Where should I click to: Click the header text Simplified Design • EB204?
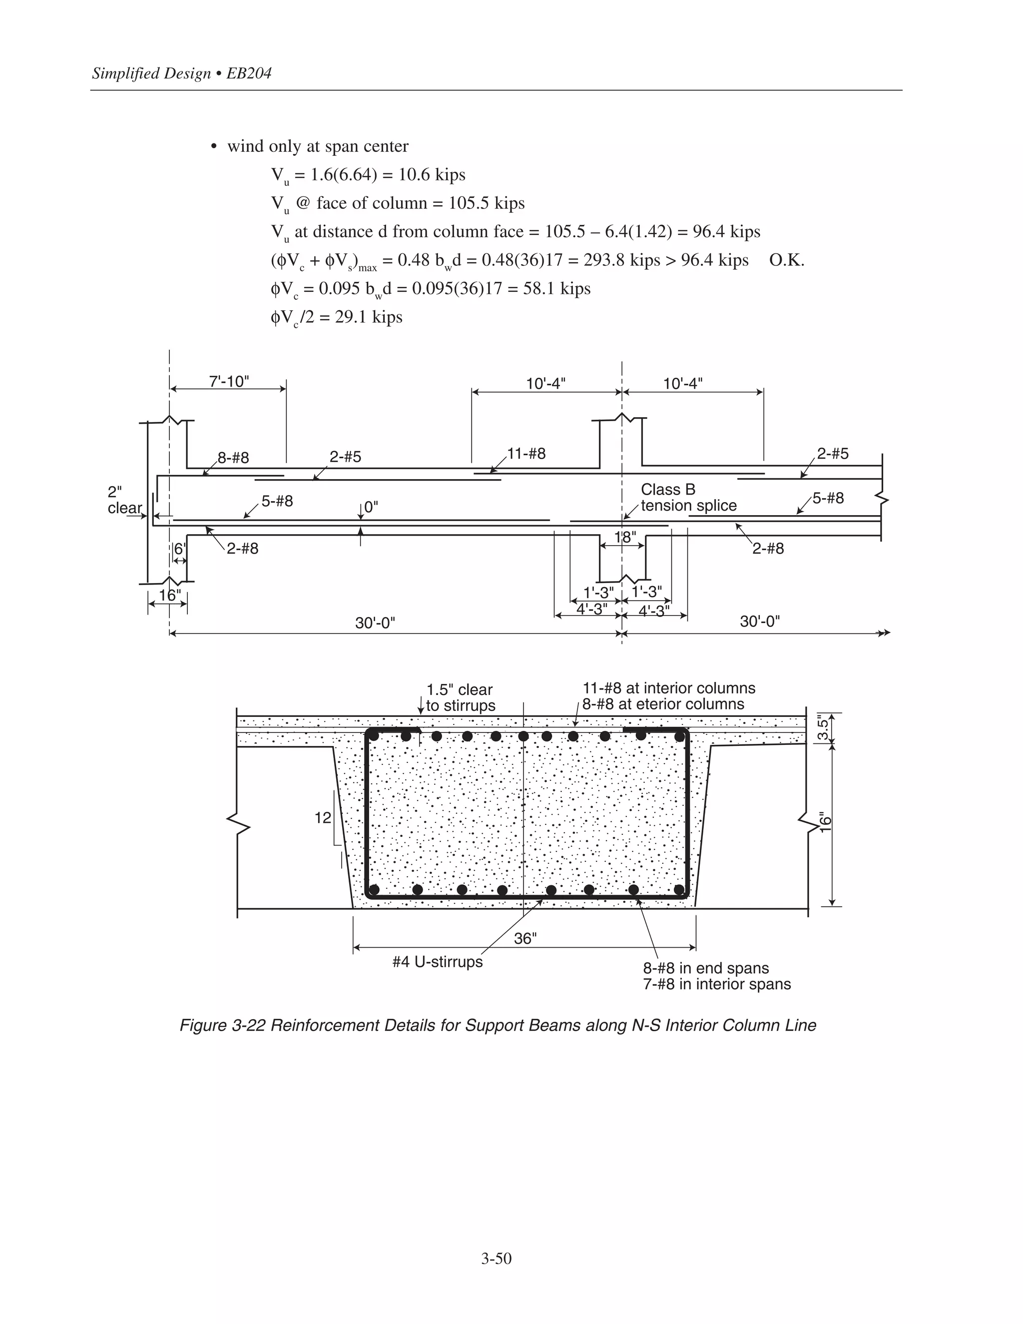coord(181,73)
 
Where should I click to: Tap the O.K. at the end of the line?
coord(786,260)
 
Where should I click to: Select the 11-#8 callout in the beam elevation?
coord(526,454)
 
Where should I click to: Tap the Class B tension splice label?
coord(688,497)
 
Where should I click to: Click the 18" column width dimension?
coord(625,537)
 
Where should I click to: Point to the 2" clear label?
coord(124,500)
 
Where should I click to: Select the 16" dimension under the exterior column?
coord(169,596)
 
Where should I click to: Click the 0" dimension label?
coord(372,507)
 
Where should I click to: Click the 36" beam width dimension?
coord(525,938)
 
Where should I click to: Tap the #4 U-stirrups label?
coord(437,962)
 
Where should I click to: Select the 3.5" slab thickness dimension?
coord(823,728)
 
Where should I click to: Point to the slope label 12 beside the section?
coord(322,818)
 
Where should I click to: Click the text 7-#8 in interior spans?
coord(716,983)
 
